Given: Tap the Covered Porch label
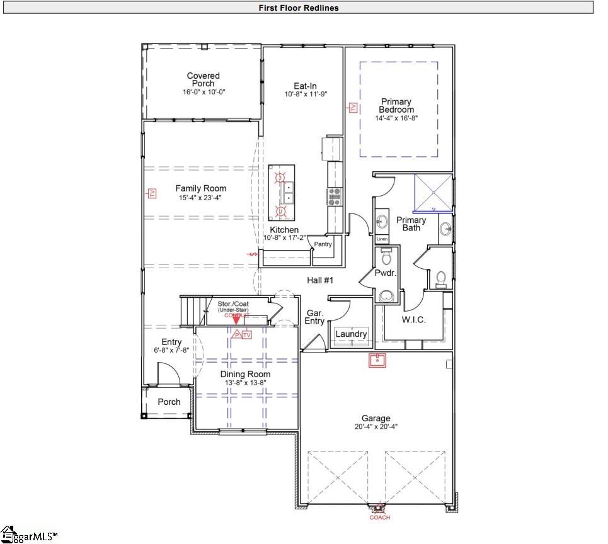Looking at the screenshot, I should click(x=204, y=79).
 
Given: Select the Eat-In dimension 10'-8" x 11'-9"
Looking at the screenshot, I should click(x=306, y=94).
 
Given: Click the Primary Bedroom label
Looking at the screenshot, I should click(x=396, y=105).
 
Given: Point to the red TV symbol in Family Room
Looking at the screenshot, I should click(x=152, y=193).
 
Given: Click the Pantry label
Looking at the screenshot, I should click(x=323, y=244).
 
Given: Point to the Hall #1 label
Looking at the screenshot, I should click(x=319, y=280).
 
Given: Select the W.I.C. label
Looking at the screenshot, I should click(x=413, y=319).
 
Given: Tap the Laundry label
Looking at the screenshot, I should click(x=351, y=334).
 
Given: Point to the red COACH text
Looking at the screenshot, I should click(x=379, y=518).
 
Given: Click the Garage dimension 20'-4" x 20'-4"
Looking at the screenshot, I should click(x=376, y=426).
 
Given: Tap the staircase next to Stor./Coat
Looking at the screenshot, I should click(x=192, y=310).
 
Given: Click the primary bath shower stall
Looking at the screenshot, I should click(x=433, y=193).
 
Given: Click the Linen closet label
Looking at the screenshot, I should click(x=382, y=239).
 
